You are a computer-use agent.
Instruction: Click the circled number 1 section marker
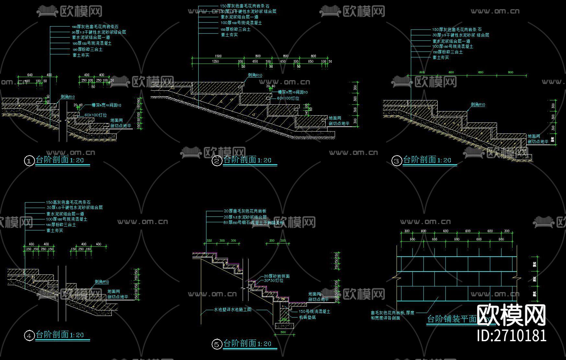click(x=29, y=161)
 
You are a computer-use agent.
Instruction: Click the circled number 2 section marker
click(x=217, y=161)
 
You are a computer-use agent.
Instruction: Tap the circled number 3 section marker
click(x=397, y=161)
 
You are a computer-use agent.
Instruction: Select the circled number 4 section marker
click(x=29, y=336)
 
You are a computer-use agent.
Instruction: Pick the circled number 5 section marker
click(x=217, y=344)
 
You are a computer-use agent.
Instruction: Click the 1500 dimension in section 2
click(x=218, y=56)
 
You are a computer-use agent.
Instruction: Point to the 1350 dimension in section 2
click(x=215, y=61)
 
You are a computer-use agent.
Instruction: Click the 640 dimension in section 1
click(x=30, y=75)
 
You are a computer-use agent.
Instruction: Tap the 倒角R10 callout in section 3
click(x=478, y=105)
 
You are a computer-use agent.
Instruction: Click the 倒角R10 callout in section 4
click(x=102, y=282)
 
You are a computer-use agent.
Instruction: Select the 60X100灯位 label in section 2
click(x=288, y=98)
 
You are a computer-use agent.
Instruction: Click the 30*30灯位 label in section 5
click(x=273, y=281)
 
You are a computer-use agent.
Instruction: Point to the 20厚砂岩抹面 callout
click(x=277, y=276)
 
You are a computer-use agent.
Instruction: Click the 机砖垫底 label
click(x=307, y=317)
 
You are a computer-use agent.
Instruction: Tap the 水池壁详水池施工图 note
click(x=233, y=309)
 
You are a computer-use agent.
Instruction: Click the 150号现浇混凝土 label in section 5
click(x=314, y=311)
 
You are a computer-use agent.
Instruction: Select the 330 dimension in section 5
click(x=209, y=241)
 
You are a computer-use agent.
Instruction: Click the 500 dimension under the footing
click(x=283, y=332)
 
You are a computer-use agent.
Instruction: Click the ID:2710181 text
click(x=512, y=336)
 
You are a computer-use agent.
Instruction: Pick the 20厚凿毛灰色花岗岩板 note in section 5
click(x=245, y=211)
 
